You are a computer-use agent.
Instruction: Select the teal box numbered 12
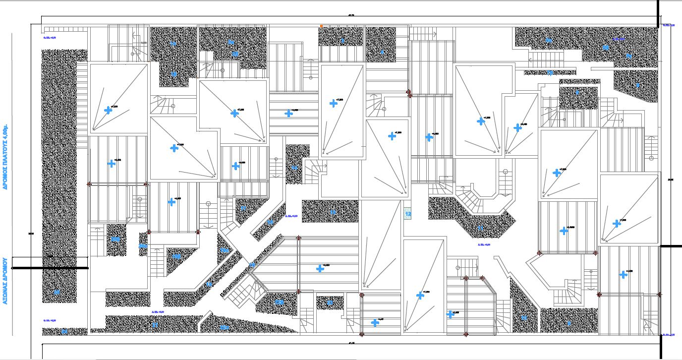tap(408, 214)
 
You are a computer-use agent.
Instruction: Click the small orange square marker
tap(321, 26)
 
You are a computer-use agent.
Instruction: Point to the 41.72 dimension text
tap(351, 15)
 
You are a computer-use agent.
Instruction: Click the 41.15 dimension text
tap(351, 343)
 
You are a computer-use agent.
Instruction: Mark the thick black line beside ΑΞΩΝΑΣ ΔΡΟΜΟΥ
tap(50, 268)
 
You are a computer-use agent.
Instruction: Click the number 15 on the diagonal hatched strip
tap(209, 284)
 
